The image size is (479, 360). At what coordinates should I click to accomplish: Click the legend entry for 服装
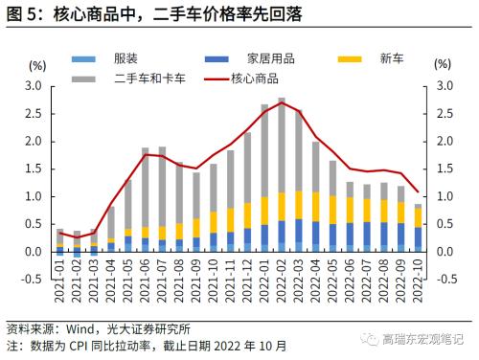click(125, 59)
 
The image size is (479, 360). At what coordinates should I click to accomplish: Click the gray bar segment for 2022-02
click(282, 144)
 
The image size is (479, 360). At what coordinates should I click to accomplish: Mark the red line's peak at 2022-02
click(282, 102)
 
